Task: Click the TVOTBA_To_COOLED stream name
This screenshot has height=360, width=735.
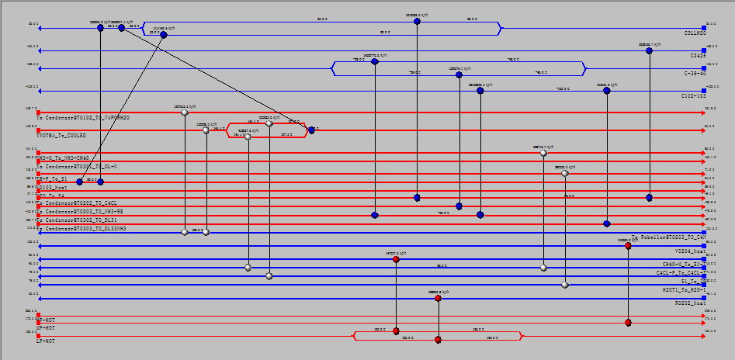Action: pyautogui.click(x=61, y=135)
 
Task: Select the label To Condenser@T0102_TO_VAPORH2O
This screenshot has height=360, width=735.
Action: pyautogui.click(x=83, y=118)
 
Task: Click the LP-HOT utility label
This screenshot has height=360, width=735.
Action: pyautogui.click(x=46, y=341)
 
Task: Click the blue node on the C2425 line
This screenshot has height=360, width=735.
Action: pyautogui.click(x=649, y=50)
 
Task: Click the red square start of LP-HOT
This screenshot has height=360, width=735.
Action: pyautogui.click(x=38, y=336)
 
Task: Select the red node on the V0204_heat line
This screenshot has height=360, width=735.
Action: pyautogui.click(x=628, y=246)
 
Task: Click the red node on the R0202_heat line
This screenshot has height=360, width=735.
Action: pyautogui.click(x=438, y=298)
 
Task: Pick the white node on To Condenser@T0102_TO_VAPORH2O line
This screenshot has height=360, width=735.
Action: pyautogui.click(x=184, y=112)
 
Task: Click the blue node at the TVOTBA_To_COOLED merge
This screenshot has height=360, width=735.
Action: pyautogui.click(x=311, y=130)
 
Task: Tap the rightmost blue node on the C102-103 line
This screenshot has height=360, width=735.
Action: pyautogui.click(x=606, y=91)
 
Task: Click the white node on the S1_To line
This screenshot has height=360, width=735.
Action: pyautogui.click(x=565, y=285)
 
